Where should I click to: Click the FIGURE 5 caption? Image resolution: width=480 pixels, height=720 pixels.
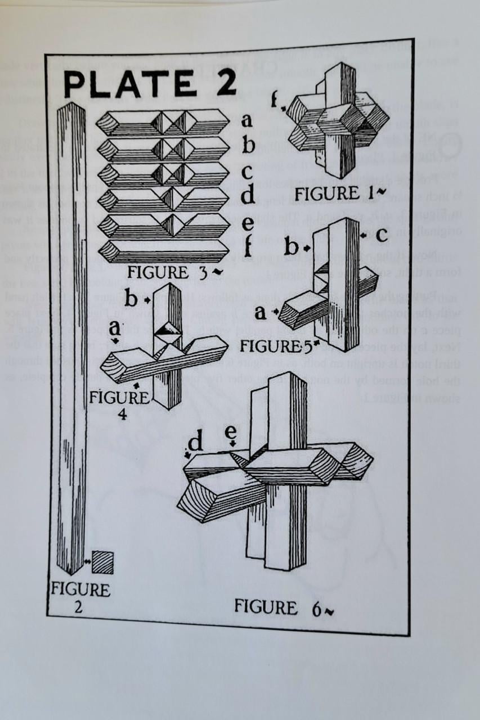[x=276, y=345]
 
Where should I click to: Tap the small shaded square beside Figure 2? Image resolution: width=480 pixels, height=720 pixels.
[x=102, y=562]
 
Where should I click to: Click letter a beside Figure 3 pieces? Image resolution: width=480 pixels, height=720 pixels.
[x=246, y=121]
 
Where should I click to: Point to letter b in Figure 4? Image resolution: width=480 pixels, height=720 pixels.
[x=131, y=299]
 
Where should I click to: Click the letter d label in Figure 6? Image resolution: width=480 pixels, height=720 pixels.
[x=195, y=443]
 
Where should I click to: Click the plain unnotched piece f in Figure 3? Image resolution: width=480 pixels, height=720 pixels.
[x=163, y=250]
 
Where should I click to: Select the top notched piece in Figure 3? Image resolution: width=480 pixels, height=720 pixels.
[x=163, y=122]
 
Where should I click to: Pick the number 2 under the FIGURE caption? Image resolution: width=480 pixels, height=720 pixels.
[x=79, y=606]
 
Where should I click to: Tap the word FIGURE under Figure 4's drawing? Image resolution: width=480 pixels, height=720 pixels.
[x=118, y=398]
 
